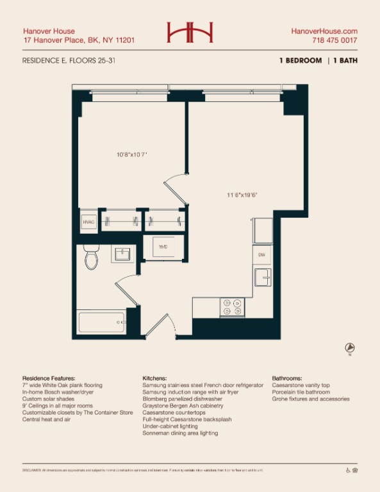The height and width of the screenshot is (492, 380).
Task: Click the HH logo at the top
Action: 190,33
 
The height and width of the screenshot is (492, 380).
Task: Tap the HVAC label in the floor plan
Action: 88,222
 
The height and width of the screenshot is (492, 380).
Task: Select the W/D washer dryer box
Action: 163,247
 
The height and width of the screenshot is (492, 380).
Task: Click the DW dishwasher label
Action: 261,255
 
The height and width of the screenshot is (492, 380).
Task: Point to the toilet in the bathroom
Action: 90,258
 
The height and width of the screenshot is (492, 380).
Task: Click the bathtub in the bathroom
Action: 101,322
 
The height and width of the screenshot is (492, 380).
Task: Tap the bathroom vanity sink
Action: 122,254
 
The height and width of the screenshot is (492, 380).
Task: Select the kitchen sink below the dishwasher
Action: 262,277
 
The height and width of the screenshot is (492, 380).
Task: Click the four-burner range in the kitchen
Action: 232,307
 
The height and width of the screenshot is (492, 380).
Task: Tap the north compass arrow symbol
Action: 350,348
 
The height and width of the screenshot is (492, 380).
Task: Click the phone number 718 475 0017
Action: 334,40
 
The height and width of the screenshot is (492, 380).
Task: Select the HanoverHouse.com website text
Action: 324,31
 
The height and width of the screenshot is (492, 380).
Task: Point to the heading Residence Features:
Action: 49,379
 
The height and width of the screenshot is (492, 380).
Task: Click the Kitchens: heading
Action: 154,379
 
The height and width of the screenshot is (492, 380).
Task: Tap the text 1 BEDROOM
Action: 300,61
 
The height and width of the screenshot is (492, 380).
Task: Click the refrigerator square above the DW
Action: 262,230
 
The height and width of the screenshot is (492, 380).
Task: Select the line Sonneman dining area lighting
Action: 180,433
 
